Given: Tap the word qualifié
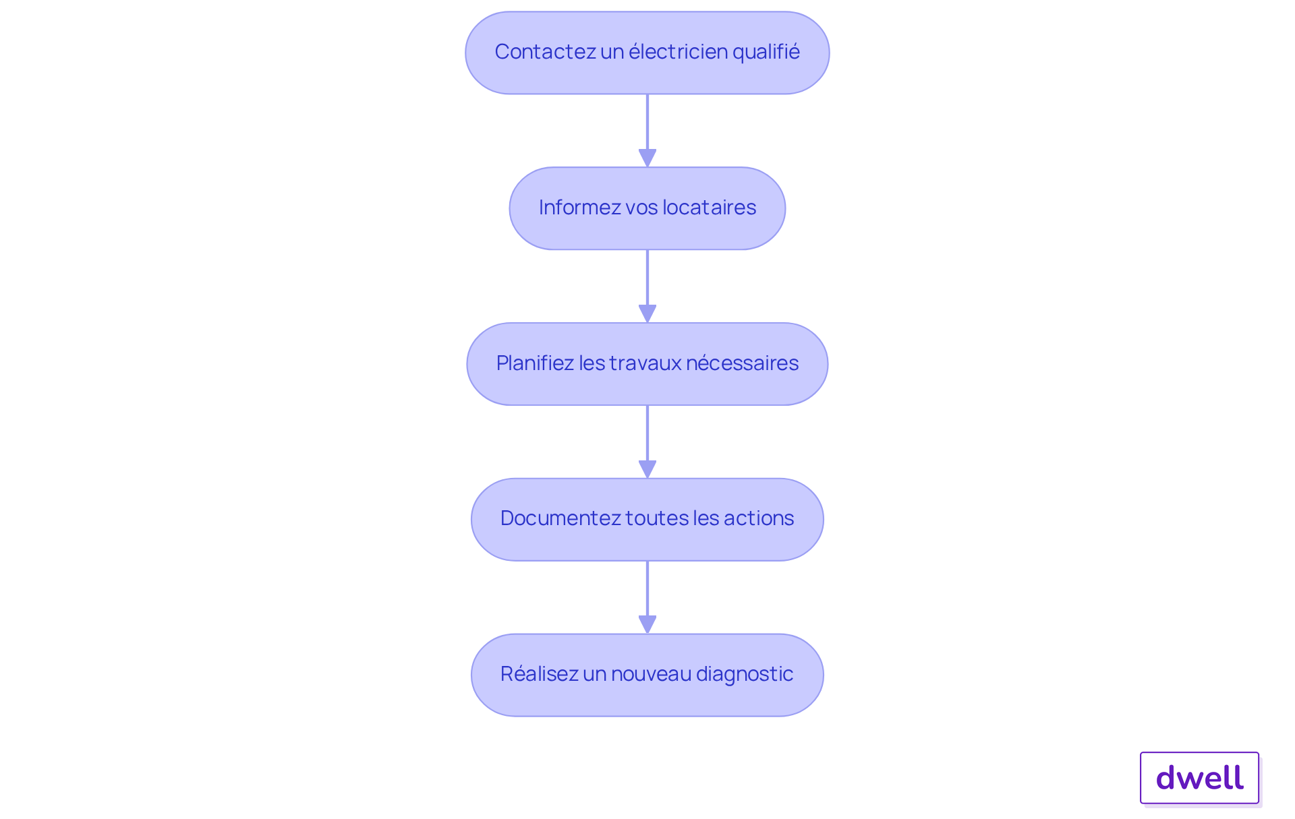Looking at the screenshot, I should pos(766,52).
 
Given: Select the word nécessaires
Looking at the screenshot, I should pos(742,363).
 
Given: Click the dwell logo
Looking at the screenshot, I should pos(1199,778).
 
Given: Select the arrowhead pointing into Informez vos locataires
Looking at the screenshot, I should pos(647,158).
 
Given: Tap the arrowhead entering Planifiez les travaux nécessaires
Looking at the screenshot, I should pos(647,313).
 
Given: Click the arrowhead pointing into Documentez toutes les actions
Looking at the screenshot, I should pos(647,469).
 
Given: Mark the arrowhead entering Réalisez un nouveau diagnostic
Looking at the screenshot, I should pos(647,624).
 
